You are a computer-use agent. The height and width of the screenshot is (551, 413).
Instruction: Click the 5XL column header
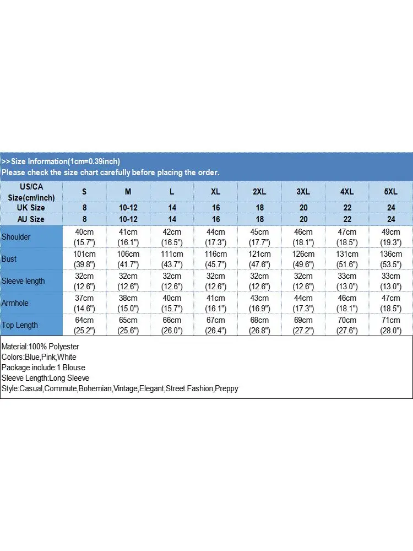tap(390, 192)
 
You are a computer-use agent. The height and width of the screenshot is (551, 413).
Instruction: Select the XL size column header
tap(215, 192)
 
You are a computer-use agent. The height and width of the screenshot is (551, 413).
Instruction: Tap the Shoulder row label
tap(16, 237)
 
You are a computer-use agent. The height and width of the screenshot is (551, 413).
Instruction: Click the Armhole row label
tap(15, 303)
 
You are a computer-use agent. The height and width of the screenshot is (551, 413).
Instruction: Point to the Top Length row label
tap(20, 325)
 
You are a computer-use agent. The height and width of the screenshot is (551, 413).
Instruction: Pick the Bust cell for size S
tap(85, 259)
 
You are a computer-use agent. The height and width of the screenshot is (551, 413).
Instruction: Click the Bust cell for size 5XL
tap(390, 259)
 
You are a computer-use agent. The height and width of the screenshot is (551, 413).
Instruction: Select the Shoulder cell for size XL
tap(215, 237)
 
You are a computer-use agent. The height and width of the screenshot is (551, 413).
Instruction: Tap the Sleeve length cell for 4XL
tap(347, 281)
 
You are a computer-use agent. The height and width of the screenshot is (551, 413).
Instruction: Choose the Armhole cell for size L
tap(172, 303)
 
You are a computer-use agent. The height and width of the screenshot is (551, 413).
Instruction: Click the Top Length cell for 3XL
tap(303, 325)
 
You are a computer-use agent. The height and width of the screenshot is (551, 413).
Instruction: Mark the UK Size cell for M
tap(128, 208)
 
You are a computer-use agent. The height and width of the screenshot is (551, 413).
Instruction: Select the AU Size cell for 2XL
tap(259, 219)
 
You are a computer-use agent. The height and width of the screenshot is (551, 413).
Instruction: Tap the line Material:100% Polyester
tap(40, 347)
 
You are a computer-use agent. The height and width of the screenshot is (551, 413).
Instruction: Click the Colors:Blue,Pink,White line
tap(39, 357)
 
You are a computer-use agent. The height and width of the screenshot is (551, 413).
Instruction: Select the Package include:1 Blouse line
tap(43, 368)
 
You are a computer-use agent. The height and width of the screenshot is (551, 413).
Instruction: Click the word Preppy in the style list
tap(227, 388)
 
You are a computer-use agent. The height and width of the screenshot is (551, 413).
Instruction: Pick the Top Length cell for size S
tap(85, 325)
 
